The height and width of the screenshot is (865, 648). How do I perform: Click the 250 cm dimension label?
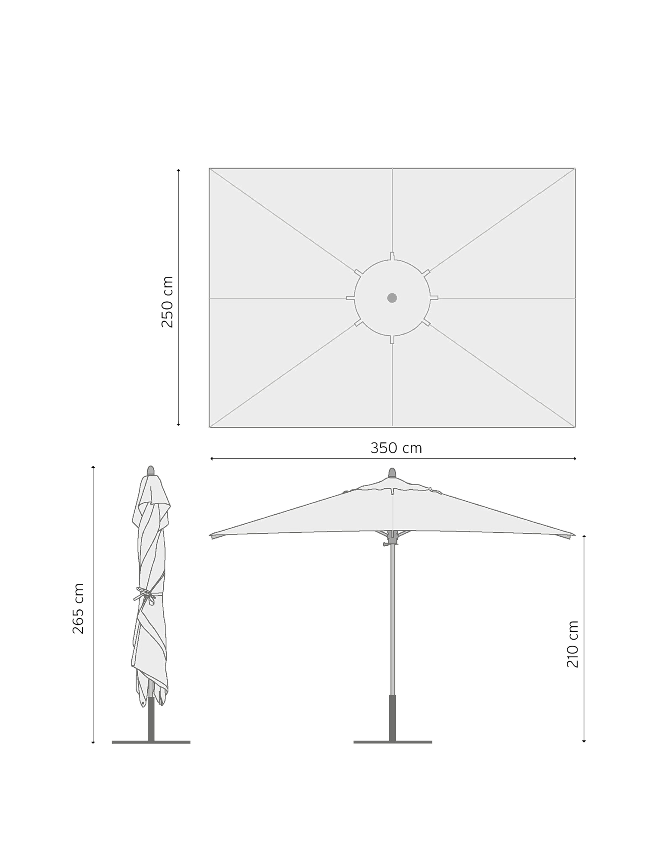[x=167, y=301]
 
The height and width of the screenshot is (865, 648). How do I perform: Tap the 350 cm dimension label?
[x=396, y=448]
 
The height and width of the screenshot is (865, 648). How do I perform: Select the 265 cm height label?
[x=78, y=609]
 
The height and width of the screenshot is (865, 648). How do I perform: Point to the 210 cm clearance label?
[x=572, y=644]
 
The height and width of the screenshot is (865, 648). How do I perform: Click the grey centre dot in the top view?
[x=392, y=298]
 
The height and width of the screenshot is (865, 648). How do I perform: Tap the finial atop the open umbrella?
[x=392, y=473]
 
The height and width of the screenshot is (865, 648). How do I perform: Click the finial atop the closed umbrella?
[x=151, y=471]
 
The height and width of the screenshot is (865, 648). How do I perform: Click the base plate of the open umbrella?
[x=393, y=742]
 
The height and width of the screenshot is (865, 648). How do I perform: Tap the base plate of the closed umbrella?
[x=151, y=742]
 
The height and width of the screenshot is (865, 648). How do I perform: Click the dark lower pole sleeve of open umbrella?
[x=393, y=718]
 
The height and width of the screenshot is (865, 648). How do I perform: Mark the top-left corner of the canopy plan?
[x=209, y=168]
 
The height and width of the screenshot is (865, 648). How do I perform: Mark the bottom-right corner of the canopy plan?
[x=575, y=428]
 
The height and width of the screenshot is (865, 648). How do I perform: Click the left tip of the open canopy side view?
[x=210, y=535]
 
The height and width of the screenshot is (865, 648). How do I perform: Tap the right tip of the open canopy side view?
[x=575, y=535]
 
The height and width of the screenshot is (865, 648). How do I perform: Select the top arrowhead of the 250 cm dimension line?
[x=178, y=170]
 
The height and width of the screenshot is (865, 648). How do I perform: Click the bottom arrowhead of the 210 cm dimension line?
[x=584, y=741]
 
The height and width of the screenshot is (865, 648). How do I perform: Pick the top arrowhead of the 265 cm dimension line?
[x=93, y=468]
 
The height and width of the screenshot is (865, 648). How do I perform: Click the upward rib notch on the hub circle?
[x=392, y=256]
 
